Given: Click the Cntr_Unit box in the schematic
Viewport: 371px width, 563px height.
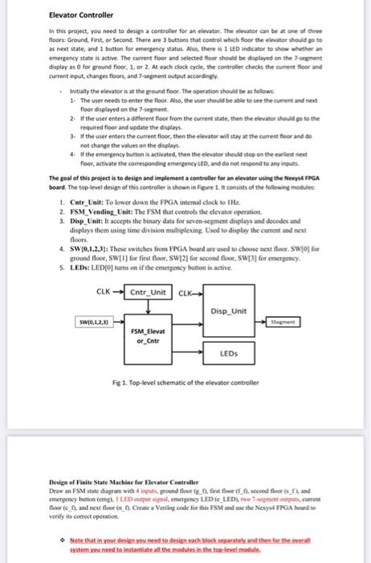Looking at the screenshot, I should tap(148, 291).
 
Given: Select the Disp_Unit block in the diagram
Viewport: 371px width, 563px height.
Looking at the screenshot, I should tap(229, 311).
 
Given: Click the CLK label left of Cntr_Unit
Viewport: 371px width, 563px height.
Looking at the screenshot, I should tap(104, 291).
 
